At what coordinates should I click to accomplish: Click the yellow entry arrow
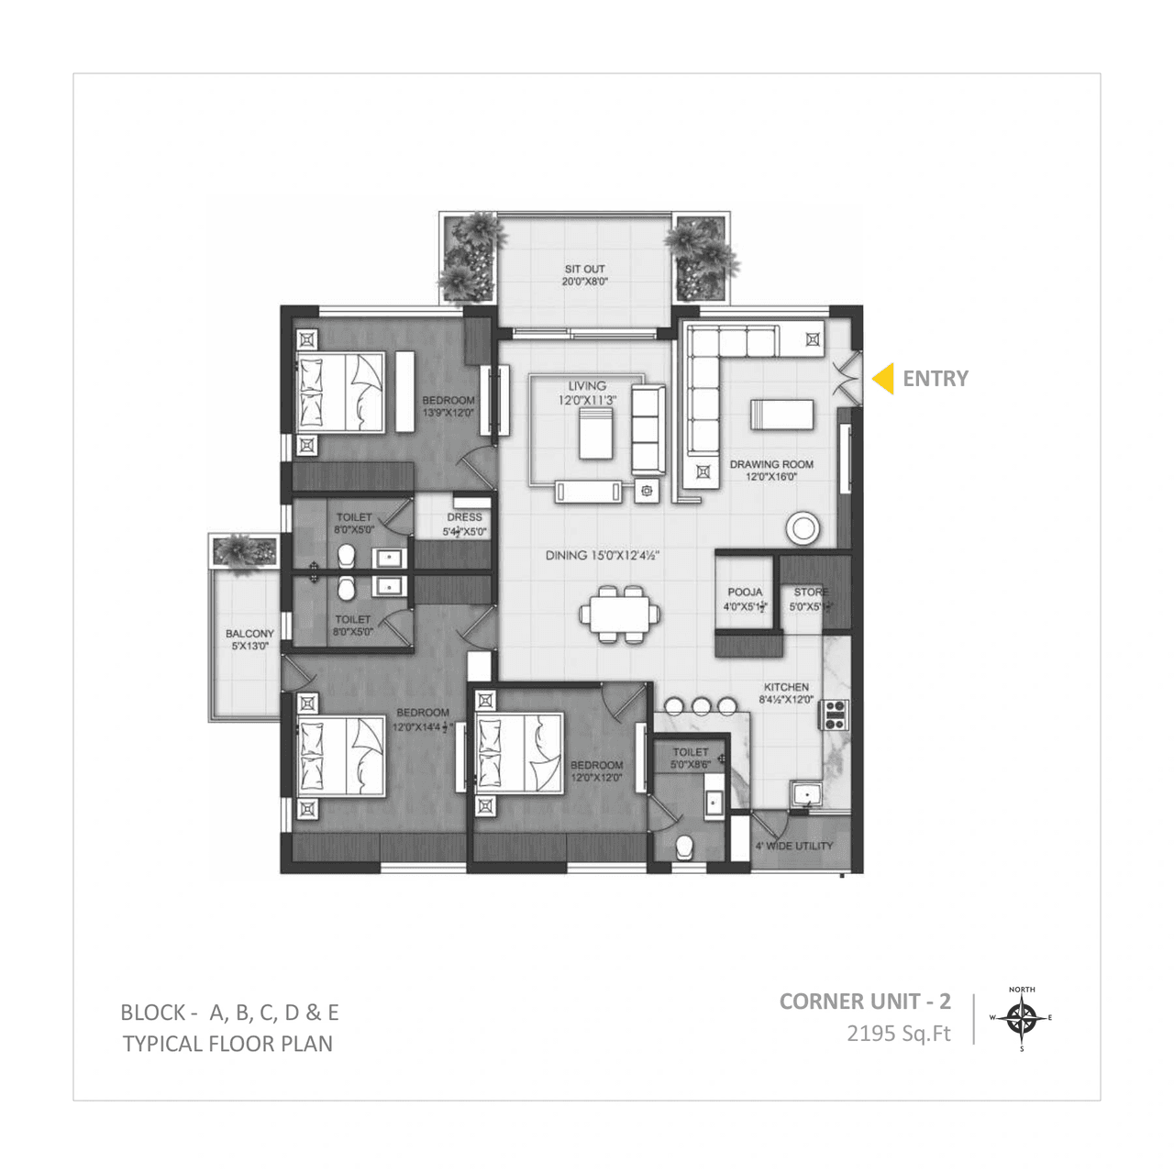click(x=883, y=379)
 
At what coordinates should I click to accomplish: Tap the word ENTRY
click(x=935, y=379)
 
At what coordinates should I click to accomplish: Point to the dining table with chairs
click(x=619, y=613)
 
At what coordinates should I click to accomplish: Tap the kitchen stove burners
click(x=836, y=714)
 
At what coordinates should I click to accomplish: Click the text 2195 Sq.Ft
click(x=898, y=1034)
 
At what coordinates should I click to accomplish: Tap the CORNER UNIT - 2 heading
click(x=865, y=1002)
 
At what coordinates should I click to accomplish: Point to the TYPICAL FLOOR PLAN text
click(x=227, y=1044)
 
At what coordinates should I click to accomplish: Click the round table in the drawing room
click(x=803, y=527)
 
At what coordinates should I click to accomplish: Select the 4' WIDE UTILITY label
click(x=793, y=846)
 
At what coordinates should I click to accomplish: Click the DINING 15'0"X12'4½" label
click(x=603, y=555)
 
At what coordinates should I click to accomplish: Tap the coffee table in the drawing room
click(x=781, y=415)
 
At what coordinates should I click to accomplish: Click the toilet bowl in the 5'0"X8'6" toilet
click(x=684, y=848)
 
